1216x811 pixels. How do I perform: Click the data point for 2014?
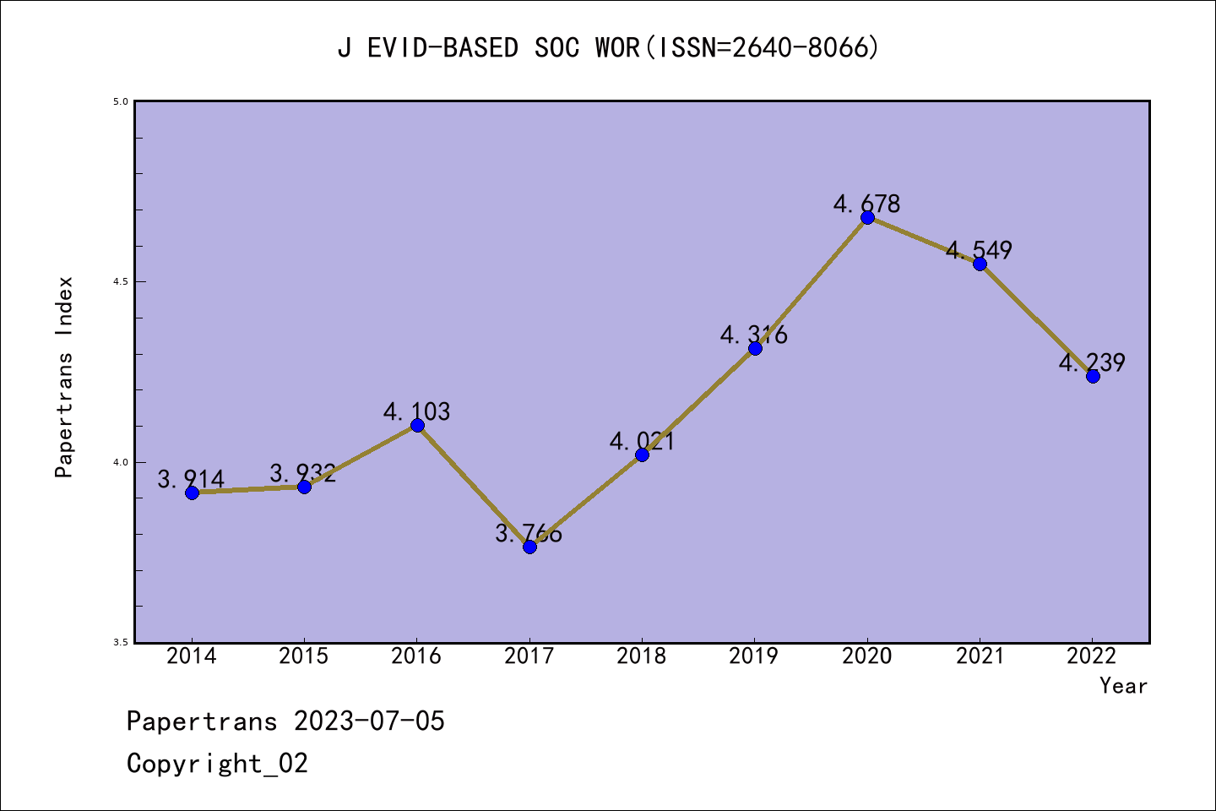(x=192, y=493)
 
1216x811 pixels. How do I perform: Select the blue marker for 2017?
(x=529, y=547)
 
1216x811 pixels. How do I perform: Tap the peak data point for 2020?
(x=867, y=217)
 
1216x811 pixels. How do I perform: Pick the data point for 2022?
(x=1093, y=376)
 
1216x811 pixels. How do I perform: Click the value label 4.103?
(x=416, y=411)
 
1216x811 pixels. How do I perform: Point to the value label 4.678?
(x=867, y=204)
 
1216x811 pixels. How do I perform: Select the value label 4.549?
(x=979, y=250)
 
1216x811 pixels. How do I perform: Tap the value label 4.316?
(x=754, y=335)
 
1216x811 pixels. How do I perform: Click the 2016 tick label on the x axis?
(x=416, y=656)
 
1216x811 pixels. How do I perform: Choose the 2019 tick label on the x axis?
(x=754, y=656)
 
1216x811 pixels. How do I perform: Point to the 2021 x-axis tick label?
(x=980, y=656)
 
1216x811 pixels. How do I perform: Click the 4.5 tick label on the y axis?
(x=120, y=281)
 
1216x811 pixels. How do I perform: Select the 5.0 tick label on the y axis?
(x=120, y=101)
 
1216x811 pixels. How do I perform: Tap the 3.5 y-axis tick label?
(x=120, y=643)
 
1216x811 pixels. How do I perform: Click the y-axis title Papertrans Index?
(x=64, y=377)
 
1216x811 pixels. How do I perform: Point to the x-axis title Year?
(x=1123, y=686)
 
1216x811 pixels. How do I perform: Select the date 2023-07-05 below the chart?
(x=369, y=721)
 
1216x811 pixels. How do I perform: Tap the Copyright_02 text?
(x=217, y=764)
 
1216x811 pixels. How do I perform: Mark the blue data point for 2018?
(x=642, y=454)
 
